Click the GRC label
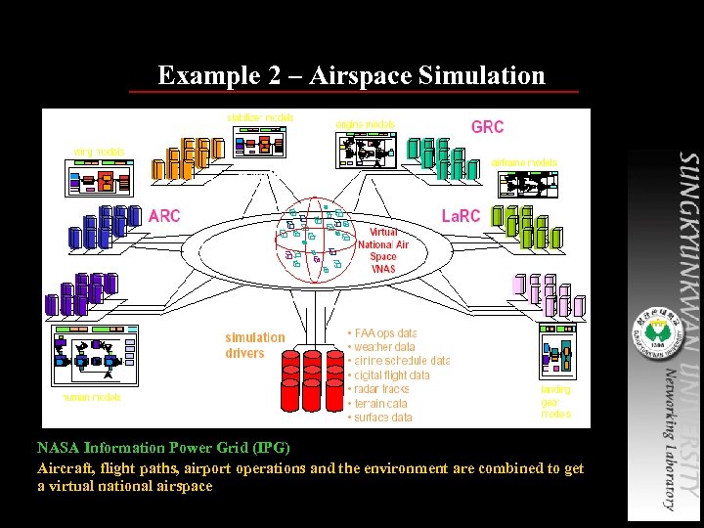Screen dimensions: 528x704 [487, 127]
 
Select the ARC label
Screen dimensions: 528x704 [164, 216]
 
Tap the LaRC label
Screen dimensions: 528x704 [461, 216]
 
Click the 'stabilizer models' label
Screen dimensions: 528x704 [260, 117]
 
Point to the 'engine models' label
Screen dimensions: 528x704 [365, 124]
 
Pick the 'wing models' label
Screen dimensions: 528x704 [99, 151]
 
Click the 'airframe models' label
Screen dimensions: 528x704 [524, 162]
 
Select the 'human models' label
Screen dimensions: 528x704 [92, 398]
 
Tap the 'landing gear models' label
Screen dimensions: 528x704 [555, 402]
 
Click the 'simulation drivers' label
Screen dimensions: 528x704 [254, 345]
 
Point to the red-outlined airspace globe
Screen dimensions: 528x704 [315, 240]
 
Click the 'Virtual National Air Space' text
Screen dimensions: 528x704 [383, 250]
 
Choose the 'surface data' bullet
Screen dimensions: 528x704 [382, 418]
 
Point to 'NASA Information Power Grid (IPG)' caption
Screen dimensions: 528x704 [163, 448]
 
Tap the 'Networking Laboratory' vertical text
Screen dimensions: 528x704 [669, 439]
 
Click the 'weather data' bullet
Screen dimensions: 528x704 [383, 347]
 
